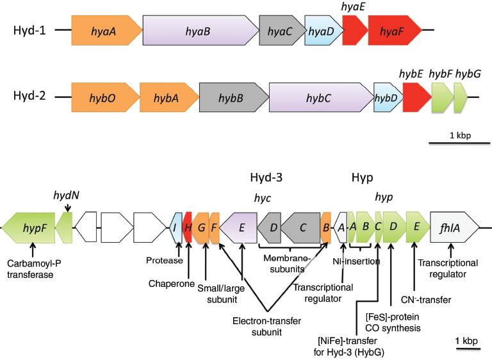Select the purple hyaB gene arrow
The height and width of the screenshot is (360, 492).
click(x=199, y=30)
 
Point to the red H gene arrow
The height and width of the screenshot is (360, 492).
click(x=188, y=227)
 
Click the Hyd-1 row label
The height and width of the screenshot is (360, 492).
click(x=29, y=30)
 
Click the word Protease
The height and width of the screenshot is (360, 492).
click(x=165, y=261)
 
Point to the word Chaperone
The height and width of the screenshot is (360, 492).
click(x=171, y=283)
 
